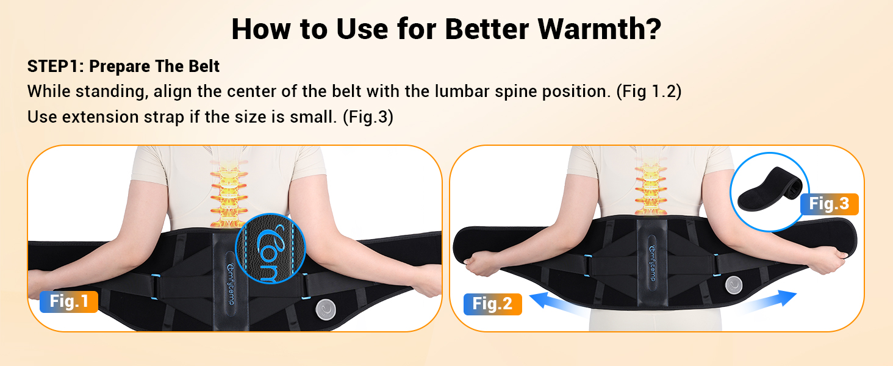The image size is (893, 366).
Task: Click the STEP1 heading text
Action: pos(124,66)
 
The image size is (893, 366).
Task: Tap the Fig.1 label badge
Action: pos(69,301)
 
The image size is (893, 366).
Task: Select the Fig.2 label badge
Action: pos(492,304)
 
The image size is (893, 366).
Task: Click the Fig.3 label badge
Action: pos(829,204)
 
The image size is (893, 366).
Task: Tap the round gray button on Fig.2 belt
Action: pos(734,285)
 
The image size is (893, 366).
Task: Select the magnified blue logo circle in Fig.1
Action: pos(267,249)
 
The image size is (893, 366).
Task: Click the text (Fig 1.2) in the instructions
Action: pos(648,91)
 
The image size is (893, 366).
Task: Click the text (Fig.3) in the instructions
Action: pos(368,117)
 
